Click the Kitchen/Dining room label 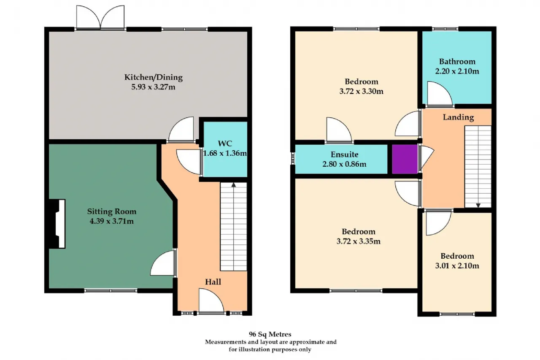click(153, 77)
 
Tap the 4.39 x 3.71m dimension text click(112, 221)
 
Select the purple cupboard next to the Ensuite click(405, 159)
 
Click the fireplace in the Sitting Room click(57, 224)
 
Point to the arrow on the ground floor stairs click(233, 185)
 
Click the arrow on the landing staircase click(478, 205)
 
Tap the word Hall click(213, 282)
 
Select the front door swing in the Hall click(211, 301)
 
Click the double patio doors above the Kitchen click(100, 17)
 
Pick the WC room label click(225, 143)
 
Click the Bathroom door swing click(440, 94)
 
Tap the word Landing click(458, 117)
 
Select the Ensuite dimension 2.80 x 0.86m click(344, 164)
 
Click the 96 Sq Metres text click(270, 334)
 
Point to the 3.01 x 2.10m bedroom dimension click(457, 266)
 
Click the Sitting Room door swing click(162, 263)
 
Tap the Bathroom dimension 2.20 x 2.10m click(457, 71)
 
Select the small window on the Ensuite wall click(293, 158)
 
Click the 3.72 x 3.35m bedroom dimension click(359, 241)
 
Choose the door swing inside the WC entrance click(189, 162)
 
